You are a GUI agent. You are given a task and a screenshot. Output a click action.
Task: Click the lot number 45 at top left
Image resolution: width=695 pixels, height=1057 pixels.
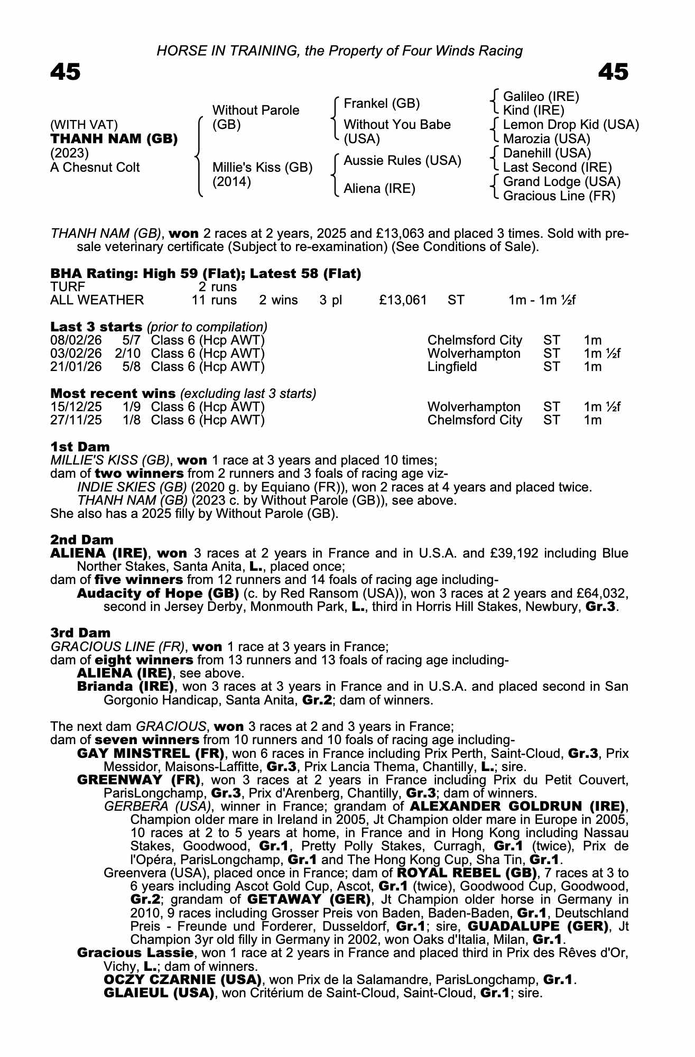point(66,72)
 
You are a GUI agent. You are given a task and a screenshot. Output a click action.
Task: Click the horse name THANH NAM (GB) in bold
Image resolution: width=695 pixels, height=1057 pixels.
point(114,139)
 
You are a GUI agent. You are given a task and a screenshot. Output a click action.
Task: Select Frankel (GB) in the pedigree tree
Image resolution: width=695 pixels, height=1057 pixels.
point(382,104)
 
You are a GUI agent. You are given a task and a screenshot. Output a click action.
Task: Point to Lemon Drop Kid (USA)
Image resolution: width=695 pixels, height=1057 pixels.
point(571,125)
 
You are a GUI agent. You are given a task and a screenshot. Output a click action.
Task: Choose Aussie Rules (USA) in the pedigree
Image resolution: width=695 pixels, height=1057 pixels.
point(403,161)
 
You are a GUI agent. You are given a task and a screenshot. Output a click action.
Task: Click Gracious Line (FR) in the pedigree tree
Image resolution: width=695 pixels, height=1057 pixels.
point(559,196)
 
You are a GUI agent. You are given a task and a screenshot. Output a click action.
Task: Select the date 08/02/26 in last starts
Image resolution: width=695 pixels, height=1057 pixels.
point(76,340)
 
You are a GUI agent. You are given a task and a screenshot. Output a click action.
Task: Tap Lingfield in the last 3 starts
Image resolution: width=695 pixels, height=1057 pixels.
point(452,367)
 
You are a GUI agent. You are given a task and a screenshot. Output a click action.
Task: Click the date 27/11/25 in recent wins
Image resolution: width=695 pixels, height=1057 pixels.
point(76,420)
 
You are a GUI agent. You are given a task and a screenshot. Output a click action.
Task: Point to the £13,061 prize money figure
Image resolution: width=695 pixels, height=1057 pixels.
point(403,300)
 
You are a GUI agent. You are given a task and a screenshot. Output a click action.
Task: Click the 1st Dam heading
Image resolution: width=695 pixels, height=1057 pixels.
point(80,447)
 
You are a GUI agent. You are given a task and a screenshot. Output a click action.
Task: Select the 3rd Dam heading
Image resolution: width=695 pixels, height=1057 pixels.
point(80,633)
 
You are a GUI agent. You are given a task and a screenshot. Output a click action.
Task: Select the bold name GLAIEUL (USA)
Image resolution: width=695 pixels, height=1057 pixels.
point(159,993)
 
